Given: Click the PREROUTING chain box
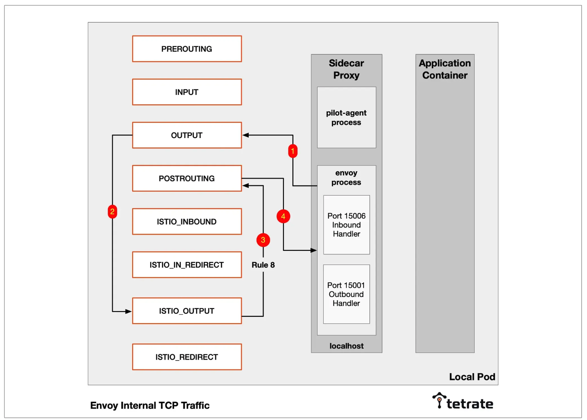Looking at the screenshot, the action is [x=187, y=49].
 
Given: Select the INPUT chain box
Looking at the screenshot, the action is [x=187, y=92].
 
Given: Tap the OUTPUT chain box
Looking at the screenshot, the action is [x=187, y=135].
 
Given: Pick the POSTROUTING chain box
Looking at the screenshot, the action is [x=187, y=178].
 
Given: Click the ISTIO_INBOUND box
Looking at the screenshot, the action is [x=187, y=222].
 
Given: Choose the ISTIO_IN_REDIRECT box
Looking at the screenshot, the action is [x=187, y=265].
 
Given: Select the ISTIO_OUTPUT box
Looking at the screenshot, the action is [x=187, y=311].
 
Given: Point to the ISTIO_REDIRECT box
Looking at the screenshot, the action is [x=187, y=357].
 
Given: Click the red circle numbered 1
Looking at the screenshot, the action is [x=293, y=151].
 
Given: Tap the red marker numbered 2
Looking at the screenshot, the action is [x=112, y=212].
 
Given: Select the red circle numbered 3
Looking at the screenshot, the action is [x=263, y=240].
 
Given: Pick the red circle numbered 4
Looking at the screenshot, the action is [x=283, y=216].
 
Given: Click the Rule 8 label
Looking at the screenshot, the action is [x=263, y=265].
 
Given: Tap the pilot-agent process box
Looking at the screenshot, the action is [x=346, y=117].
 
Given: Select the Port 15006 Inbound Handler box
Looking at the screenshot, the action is [x=346, y=225].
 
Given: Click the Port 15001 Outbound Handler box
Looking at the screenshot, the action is [x=346, y=294].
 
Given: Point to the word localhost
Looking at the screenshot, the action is [x=346, y=346].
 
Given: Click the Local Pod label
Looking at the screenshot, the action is [x=472, y=377].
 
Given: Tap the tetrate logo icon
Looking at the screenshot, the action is [x=439, y=400].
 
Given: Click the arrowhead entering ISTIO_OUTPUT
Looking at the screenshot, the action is [x=128, y=311].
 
